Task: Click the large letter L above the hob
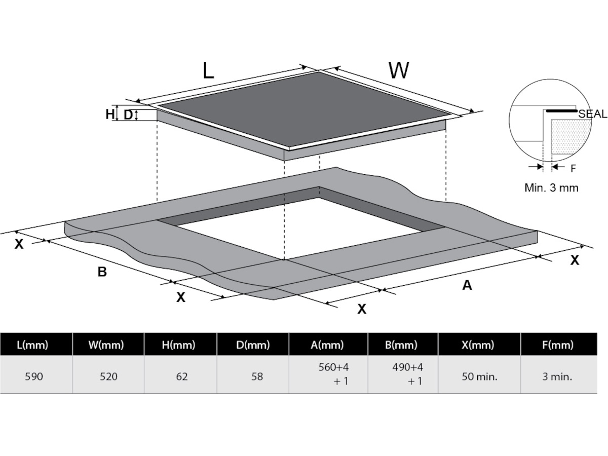pos(208,70)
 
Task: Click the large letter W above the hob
pos(399,70)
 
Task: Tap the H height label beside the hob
pos(110,114)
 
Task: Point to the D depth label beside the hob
pos(128,115)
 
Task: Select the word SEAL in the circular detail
pos(592,114)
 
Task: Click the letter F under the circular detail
pos(573,168)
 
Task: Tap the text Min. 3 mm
pos(551,188)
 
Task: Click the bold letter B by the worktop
pos(102,272)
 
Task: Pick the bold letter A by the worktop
pos(467,285)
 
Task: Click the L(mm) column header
pos(32,345)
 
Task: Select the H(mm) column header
pos(179,345)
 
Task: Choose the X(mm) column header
pos(478,345)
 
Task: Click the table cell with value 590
pos(34,377)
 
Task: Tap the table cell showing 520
pos(108,377)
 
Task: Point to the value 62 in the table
pos(182,377)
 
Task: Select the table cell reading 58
pos(257,377)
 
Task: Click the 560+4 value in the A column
pos(333,367)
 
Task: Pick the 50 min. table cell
pos(479,377)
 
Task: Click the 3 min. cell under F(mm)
pos(557,377)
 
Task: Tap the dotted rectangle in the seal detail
pos(570,137)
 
